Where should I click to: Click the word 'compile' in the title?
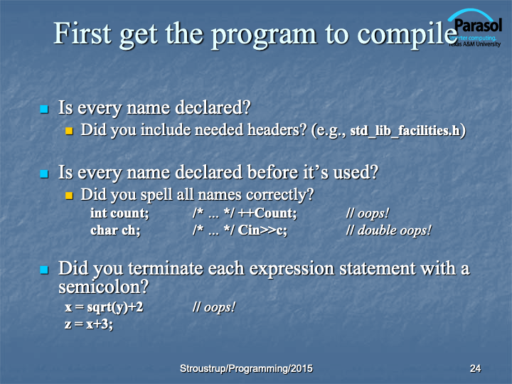[x=407, y=35]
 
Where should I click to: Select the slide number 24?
[x=475, y=368]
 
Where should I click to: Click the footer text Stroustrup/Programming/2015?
[x=246, y=368]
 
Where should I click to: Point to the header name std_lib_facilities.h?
[x=405, y=130]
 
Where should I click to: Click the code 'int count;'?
[x=119, y=213]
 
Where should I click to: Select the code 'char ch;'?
[x=115, y=230]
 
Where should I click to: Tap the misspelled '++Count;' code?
[x=267, y=213]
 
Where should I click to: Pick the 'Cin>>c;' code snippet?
[x=262, y=230]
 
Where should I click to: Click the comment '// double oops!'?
[x=388, y=230]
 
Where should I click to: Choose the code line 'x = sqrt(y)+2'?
[x=104, y=307]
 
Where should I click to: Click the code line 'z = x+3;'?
[x=89, y=324]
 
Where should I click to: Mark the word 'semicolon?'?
[x=104, y=287]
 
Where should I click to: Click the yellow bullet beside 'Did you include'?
[x=69, y=132]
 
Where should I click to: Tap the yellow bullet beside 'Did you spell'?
[x=69, y=196]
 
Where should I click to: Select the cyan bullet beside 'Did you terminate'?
[x=44, y=270]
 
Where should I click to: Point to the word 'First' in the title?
[x=82, y=33]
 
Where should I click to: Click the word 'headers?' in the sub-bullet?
[x=277, y=129]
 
